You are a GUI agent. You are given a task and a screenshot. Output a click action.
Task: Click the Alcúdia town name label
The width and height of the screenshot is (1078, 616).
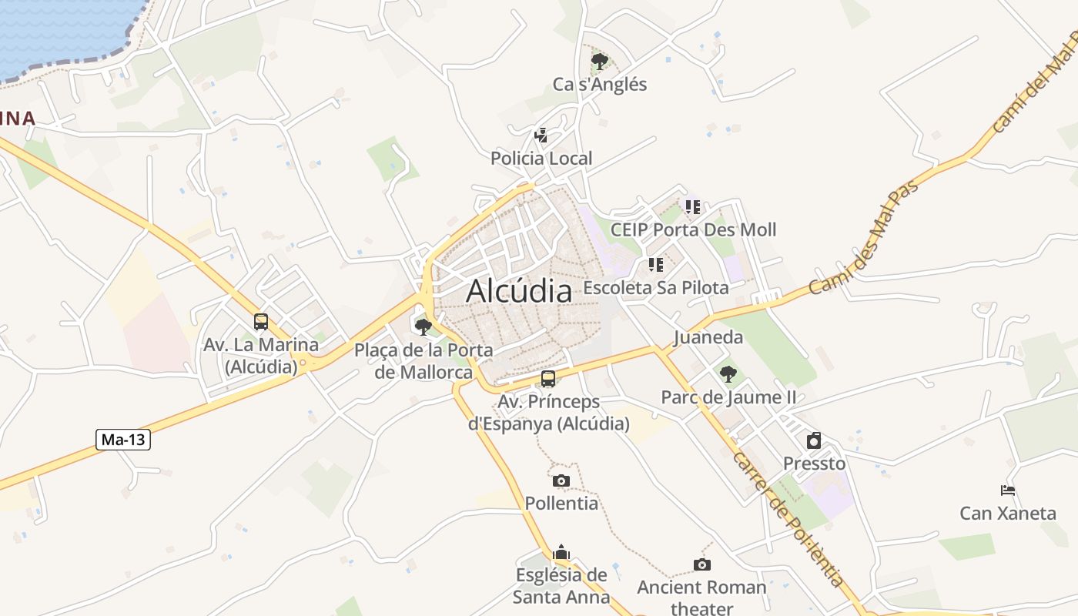(519, 291)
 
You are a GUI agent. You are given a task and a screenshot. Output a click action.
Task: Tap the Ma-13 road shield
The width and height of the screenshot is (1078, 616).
(123, 440)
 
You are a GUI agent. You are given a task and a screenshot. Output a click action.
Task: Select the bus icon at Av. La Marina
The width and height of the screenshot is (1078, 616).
(261, 322)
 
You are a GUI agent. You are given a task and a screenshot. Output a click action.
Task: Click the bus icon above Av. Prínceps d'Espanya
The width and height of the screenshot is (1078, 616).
(548, 379)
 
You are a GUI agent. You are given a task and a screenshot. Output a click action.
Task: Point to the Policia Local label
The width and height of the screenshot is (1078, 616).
(541, 159)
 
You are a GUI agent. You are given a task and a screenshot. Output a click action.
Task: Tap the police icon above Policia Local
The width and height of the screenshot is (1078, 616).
(541, 136)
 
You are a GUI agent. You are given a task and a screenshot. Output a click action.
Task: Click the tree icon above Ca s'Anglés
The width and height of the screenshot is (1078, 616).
(599, 62)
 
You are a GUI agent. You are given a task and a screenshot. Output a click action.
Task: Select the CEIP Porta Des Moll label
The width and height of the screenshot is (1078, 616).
(693, 229)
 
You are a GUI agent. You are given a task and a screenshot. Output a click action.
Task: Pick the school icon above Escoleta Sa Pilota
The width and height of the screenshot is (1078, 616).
(655, 266)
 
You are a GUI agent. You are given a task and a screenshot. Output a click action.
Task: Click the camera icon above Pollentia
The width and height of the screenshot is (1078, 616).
(561, 481)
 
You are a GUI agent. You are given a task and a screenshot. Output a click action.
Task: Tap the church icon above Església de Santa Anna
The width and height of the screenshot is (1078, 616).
(561, 553)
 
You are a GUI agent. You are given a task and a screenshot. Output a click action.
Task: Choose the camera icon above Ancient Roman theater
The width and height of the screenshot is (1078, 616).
(701, 565)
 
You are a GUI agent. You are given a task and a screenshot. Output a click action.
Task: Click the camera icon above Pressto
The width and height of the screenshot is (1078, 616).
(814, 441)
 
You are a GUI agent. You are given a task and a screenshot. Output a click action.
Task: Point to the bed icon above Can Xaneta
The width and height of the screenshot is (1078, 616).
(1007, 490)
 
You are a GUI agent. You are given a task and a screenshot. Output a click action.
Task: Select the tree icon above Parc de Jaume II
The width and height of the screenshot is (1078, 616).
(728, 375)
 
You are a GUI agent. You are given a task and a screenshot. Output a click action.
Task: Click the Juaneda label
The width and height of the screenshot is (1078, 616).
(708, 337)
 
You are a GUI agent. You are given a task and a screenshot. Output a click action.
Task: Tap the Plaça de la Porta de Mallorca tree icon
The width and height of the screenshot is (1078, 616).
(423, 327)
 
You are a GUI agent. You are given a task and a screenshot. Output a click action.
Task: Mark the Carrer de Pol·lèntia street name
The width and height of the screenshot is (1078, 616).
(789, 519)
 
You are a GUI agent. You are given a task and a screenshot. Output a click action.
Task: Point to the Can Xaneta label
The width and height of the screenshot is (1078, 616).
(1007, 513)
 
